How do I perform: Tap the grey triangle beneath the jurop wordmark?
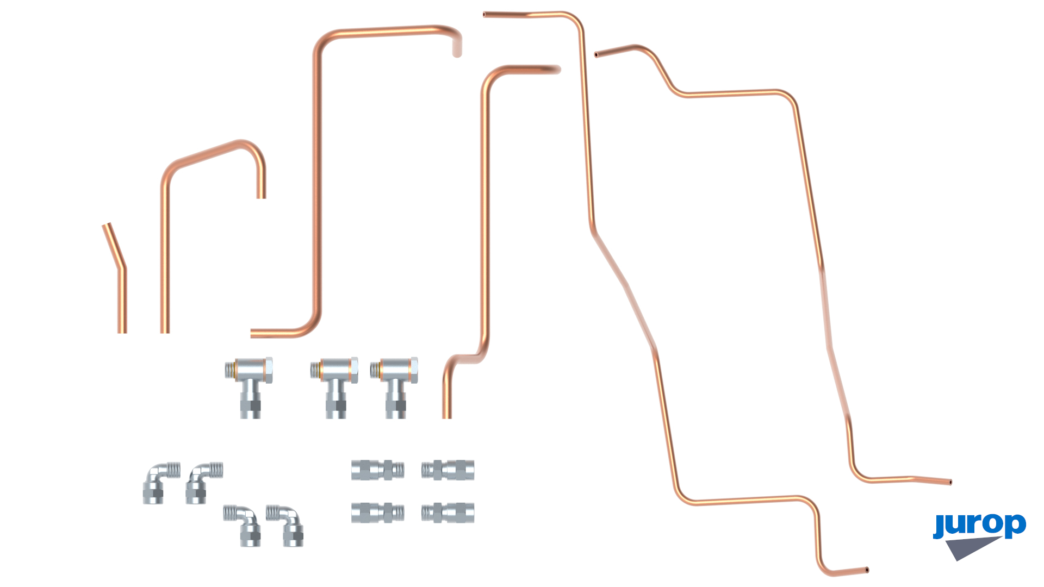click(971, 547)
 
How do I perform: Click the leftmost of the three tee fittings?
click(250, 386)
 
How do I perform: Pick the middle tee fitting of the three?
click(335, 386)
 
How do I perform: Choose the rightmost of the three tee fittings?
click(395, 386)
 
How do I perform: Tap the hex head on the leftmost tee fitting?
click(269, 370)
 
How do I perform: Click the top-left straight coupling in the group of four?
click(378, 470)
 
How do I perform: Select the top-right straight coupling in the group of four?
click(448, 470)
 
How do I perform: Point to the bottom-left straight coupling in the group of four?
click(378, 513)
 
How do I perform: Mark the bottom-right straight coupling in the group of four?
click(448, 513)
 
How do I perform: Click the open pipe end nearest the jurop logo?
click(950, 482)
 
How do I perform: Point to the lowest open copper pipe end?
click(867, 570)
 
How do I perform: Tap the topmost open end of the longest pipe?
click(484, 15)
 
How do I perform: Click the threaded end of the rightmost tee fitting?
click(375, 371)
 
